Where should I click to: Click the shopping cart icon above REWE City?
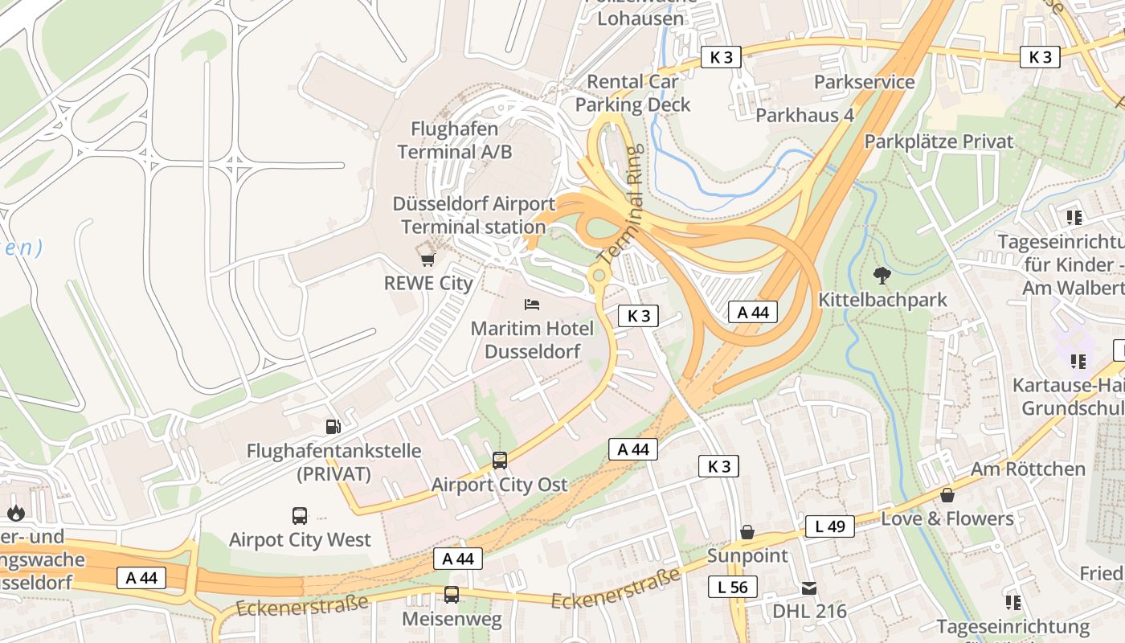tap(427, 259)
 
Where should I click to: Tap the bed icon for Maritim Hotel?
tap(532, 305)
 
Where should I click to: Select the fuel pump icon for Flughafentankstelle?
tap(333, 427)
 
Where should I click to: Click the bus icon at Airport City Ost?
tap(500, 461)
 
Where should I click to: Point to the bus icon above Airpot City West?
tap(300, 515)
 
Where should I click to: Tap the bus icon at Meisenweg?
tap(452, 595)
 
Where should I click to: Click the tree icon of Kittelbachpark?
tap(882, 276)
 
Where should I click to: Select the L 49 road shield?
tap(829, 526)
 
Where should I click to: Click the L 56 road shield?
tap(732, 588)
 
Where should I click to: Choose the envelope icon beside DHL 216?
tap(808, 588)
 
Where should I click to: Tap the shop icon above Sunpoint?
tap(747, 532)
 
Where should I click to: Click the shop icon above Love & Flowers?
tap(947, 495)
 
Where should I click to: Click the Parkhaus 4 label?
tap(804, 116)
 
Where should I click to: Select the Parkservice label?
tap(864, 82)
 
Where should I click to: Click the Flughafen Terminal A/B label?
tap(454, 140)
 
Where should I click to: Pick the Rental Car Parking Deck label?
tap(632, 92)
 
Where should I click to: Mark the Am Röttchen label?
tap(1028, 469)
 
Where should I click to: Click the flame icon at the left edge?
tap(15, 513)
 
